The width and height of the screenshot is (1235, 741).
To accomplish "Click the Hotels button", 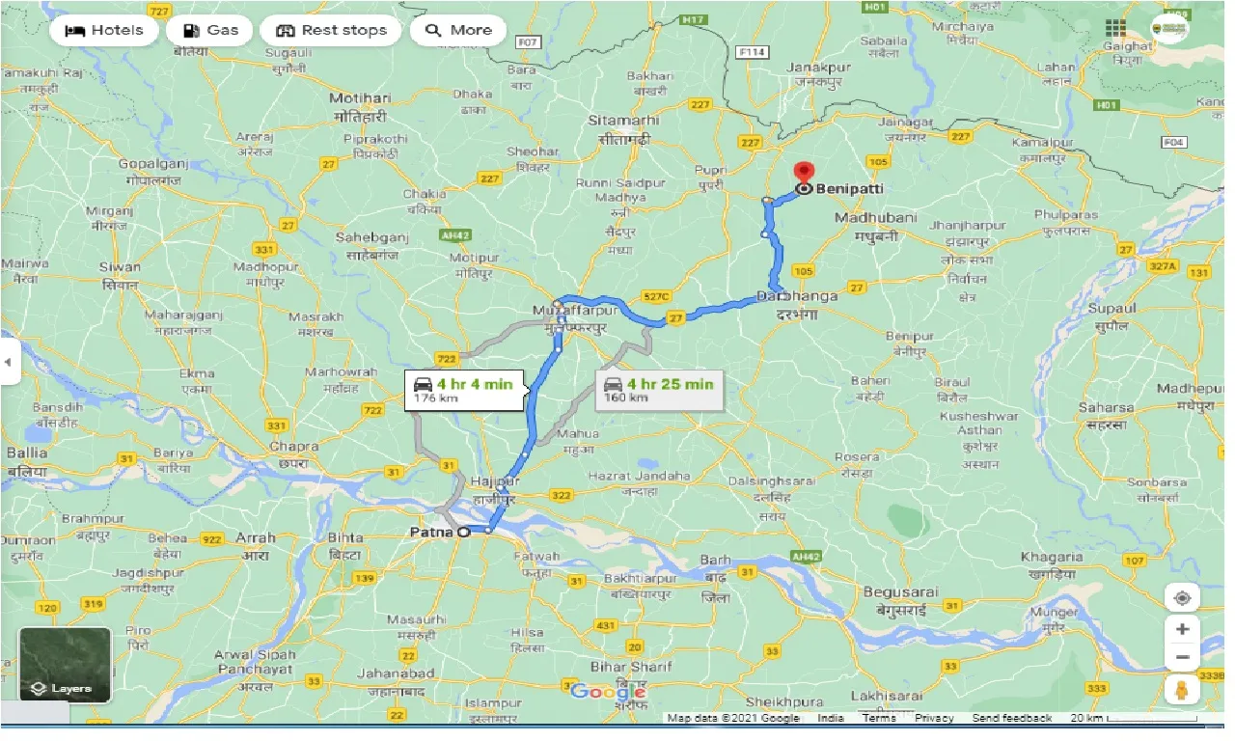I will coord(104,30).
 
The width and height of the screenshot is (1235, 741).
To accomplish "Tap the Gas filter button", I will coord(210,30).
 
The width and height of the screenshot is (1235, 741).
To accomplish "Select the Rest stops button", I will coord(331,30).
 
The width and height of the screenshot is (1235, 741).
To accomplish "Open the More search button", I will coord(458,30).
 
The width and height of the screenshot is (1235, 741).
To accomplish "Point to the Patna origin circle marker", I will coord(463,532).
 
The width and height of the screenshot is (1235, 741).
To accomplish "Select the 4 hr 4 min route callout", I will coord(464,390).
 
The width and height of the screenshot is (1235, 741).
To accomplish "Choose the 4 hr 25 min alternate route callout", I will coord(659,389).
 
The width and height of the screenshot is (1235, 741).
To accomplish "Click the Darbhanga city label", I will coord(797,296).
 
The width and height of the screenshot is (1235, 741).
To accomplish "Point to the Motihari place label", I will coord(360,98).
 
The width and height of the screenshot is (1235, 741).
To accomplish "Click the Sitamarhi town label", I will coord(623,121).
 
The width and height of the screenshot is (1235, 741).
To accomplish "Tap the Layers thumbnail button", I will coord(66,665).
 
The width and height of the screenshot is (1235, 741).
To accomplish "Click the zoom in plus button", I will coord(1182,629).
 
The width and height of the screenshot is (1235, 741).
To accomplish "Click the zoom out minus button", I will coord(1182,659).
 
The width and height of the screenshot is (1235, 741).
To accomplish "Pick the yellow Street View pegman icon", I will coord(1182,690).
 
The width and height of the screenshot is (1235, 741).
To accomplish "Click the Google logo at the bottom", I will coord(608,691).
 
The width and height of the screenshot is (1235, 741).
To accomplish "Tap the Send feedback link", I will coord(1011,718).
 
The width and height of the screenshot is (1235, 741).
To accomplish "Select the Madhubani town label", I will coord(875,218).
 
